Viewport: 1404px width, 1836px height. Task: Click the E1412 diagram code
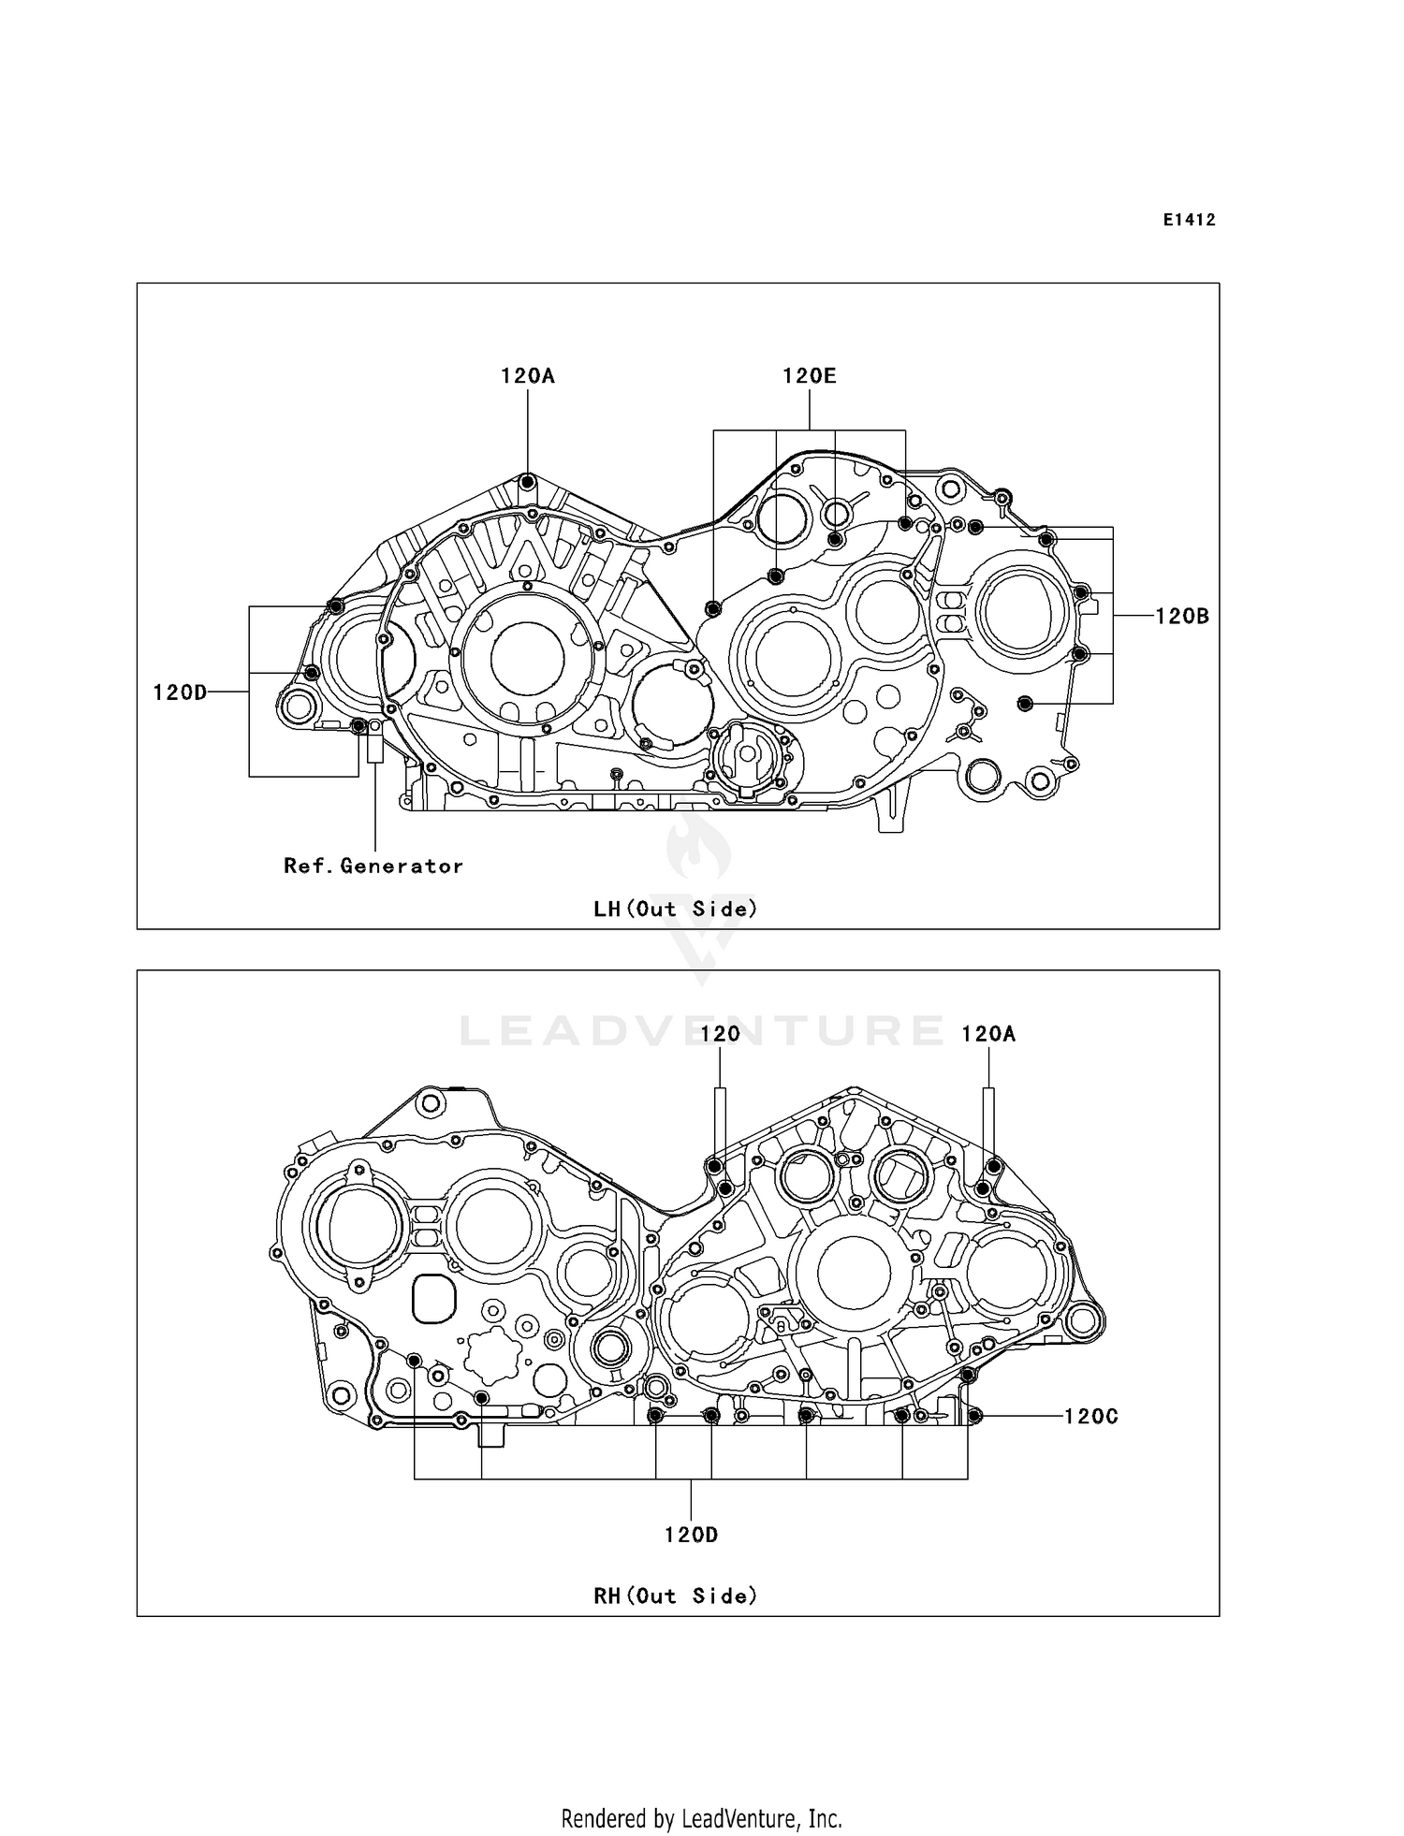(1189, 220)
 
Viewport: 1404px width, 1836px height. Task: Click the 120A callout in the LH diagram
(527, 376)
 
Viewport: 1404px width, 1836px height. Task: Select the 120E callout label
(809, 376)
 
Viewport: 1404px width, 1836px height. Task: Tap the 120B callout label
(1182, 616)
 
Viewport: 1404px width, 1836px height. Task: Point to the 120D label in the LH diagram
(180, 692)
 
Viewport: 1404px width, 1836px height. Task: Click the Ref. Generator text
(373, 867)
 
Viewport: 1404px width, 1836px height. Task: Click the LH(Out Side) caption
(675, 909)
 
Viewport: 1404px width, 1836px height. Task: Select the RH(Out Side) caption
(675, 1596)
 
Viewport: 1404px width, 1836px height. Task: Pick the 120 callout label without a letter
(720, 1034)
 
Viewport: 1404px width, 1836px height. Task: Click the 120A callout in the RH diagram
(987, 1034)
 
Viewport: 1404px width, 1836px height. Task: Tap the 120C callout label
(1091, 1416)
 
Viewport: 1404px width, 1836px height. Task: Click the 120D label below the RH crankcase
(691, 1535)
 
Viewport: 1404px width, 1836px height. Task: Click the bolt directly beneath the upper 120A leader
(528, 482)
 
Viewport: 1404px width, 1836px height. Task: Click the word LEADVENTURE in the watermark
(702, 1031)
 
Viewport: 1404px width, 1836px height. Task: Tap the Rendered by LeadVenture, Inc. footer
(701, 1818)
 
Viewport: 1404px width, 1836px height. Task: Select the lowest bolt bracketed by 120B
(1024, 703)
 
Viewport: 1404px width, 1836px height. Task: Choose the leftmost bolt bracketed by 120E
(712, 609)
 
